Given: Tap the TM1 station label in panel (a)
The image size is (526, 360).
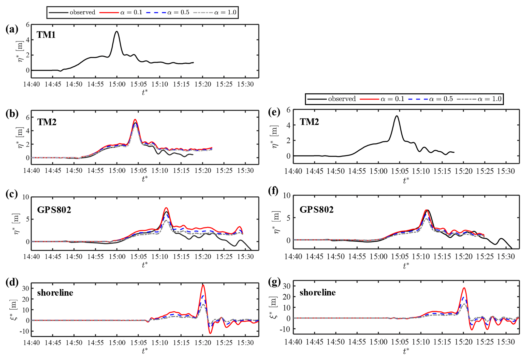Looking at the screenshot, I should pyautogui.click(x=46, y=35).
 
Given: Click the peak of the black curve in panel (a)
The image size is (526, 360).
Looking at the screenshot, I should pyautogui.click(x=116, y=31).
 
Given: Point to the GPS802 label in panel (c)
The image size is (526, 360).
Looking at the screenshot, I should pyautogui.click(x=54, y=210).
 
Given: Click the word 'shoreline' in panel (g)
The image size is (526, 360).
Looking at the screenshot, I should pyautogui.click(x=317, y=292).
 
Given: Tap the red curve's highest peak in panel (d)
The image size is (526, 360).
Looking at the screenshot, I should pyautogui.click(x=203, y=285).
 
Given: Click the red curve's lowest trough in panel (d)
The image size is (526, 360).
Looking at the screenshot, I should pyautogui.click(x=210, y=333).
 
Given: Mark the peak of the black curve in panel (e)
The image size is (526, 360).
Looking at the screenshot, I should pyautogui.click(x=397, y=116).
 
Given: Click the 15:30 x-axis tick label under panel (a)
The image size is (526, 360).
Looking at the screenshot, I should pyautogui.click(x=245, y=84).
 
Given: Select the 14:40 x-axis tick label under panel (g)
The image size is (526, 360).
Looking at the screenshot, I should pyautogui.click(x=293, y=342).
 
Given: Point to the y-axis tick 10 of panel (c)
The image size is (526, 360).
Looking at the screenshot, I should pyautogui.click(x=26, y=197).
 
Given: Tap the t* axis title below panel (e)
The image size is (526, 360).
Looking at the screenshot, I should pyautogui.click(x=406, y=180).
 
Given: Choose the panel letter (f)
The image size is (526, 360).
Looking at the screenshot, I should pyautogui.click(x=274, y=191).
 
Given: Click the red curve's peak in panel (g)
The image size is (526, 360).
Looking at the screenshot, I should pyautogui.click(x=464, y=288).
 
